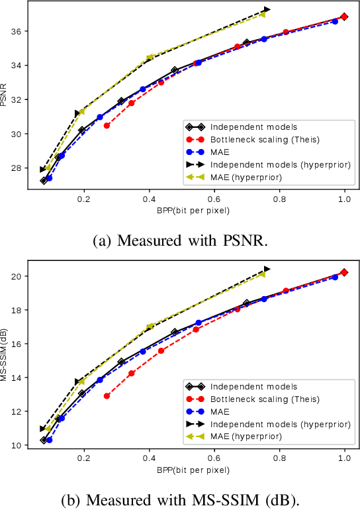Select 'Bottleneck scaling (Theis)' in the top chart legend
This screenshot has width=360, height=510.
265,140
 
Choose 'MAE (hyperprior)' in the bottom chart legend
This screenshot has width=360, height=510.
246,436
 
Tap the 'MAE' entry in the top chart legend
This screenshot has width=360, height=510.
220,152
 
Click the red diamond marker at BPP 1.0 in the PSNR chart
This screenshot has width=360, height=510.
344,17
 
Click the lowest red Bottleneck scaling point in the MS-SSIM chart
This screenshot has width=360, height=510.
107,396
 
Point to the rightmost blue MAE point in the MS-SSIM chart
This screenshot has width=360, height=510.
335,277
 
